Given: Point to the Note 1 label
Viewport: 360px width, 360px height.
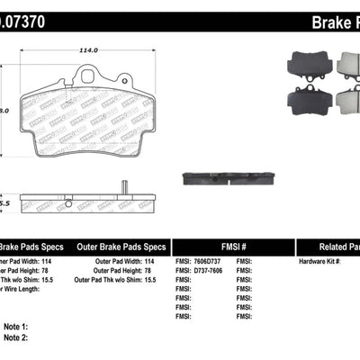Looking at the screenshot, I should point(16,327).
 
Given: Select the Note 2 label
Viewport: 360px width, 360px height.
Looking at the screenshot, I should point(16,337).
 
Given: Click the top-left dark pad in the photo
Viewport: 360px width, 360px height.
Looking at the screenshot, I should point(304,62).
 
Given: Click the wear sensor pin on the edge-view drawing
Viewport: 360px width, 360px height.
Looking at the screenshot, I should point(123,188).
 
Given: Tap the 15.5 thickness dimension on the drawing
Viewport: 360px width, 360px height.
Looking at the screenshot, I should point(5,205).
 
